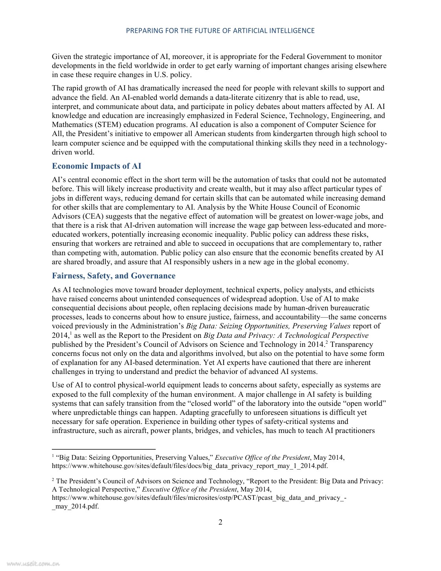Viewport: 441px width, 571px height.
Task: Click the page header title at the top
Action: pyautogui.click(x=220, y=31)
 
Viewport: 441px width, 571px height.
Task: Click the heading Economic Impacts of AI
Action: pyautogui.click(x=96, y=166)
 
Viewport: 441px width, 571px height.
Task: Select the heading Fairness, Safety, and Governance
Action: pyautogui.click(x=114, y=276)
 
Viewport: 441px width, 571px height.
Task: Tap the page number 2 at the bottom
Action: pyautogui.click(x=220, y=522)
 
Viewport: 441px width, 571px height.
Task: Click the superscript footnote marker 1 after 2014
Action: pyautogui.click(x=70, y=334)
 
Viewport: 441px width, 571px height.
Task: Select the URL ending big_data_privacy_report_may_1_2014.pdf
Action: pyautogui.click(x=190, y=466)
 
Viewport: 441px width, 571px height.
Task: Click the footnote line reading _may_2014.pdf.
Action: pyautogui.click(x=75, y=506)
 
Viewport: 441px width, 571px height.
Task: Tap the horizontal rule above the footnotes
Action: pyautogui.click(x=104, y=449)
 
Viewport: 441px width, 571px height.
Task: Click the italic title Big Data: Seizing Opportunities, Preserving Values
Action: pyautogui.click(x=268, y=326)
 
